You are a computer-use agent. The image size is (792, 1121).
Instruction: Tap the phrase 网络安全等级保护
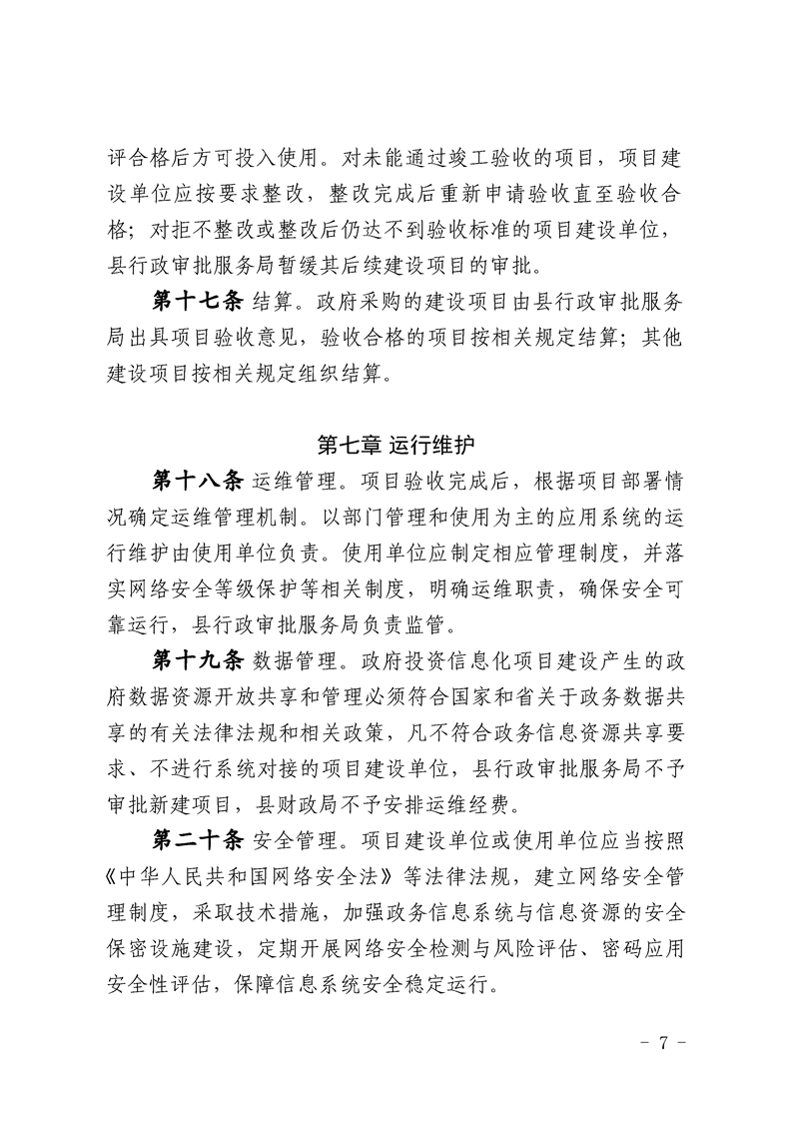[228, 588]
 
